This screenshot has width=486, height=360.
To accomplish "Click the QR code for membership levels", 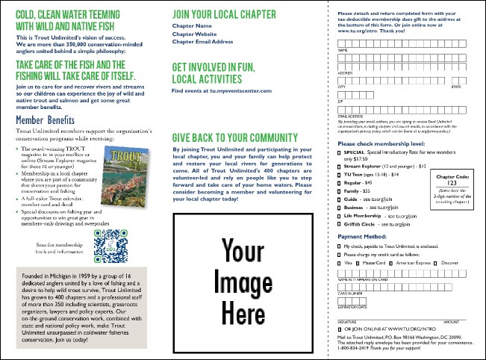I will tap(107, 243).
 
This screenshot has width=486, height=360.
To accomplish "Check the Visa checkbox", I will tap(340, 263).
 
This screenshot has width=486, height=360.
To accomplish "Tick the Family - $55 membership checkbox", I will tap(340, 191).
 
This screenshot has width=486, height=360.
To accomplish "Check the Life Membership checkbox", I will tap(340, 213).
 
